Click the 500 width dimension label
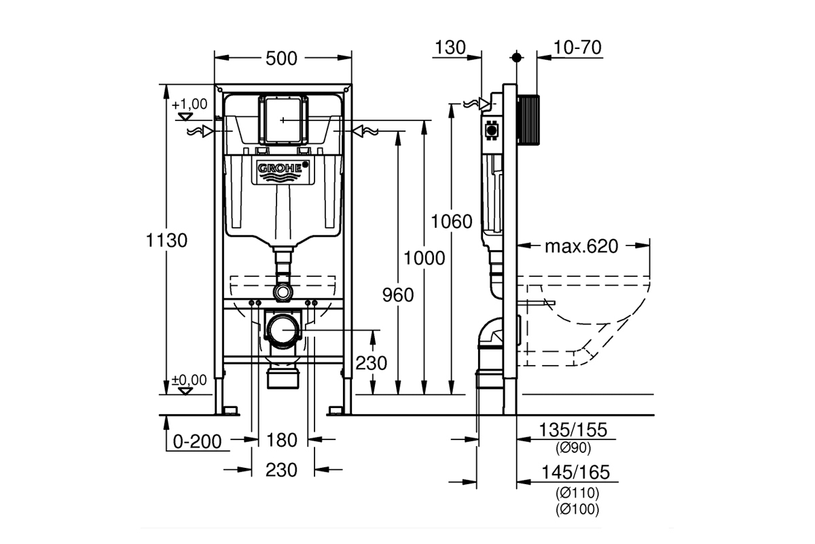(x=281, y=58)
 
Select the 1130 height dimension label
(x=166, y=241)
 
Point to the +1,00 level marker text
(x=189, y=104)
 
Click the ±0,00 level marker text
(x=189, y=379)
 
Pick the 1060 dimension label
(x=452, y=222)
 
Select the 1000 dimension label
(x=424, y=258)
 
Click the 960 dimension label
(x=398, y=295)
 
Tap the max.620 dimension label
(x=581, y=246)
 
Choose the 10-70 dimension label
(x=577, y=48)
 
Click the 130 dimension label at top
(x=450, y=48)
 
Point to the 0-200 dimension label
(x=197, y=442)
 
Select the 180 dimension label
(x=282, y=440)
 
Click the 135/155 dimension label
(x=573, y=430)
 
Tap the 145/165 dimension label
(x=575, y=473)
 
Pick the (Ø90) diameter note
(x=573, y=448)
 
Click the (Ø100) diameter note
(x=577, y=509)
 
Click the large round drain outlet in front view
(x=283, y=330)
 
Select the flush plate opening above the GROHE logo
(x=283, y=120)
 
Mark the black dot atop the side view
(x=516, y=58)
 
